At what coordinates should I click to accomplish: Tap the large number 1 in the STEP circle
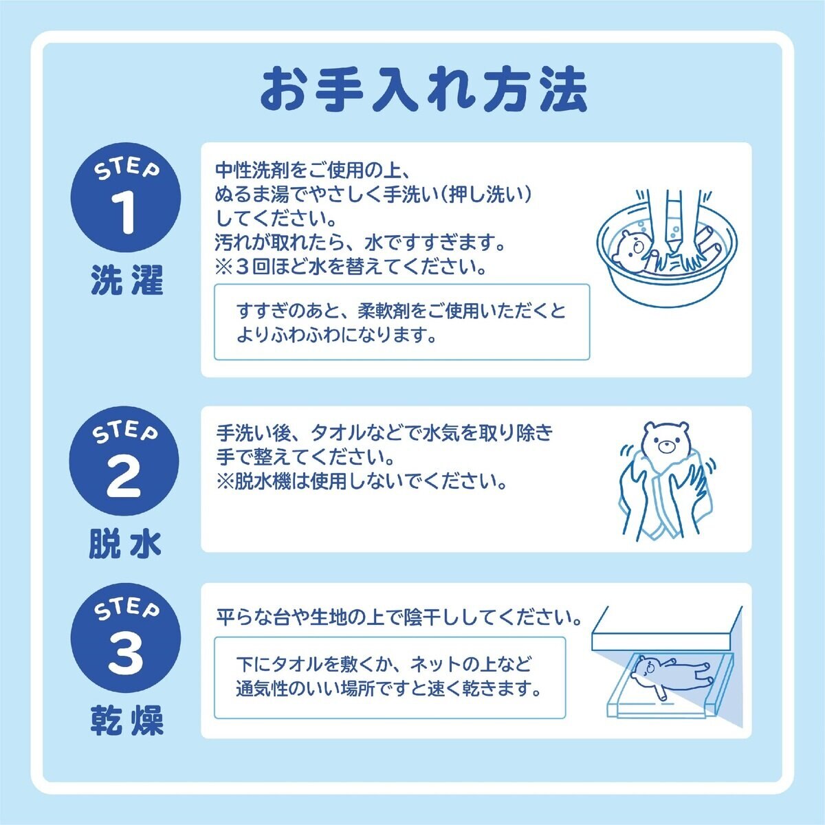(x=125, y=212)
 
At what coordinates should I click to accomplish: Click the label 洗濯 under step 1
(x=126, y=281)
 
